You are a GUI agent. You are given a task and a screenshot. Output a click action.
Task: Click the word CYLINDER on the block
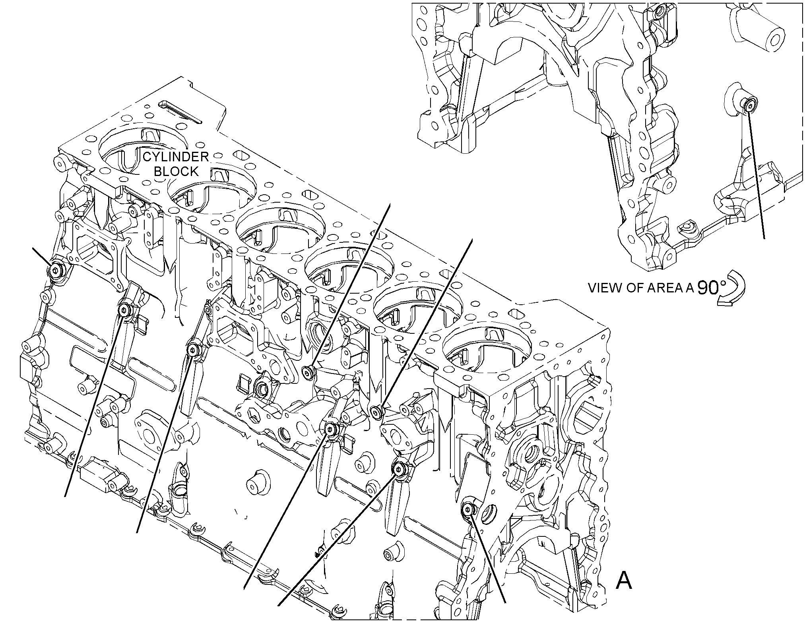tap(176, 157)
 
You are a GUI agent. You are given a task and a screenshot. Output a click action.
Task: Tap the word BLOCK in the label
tap(176, 172)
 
